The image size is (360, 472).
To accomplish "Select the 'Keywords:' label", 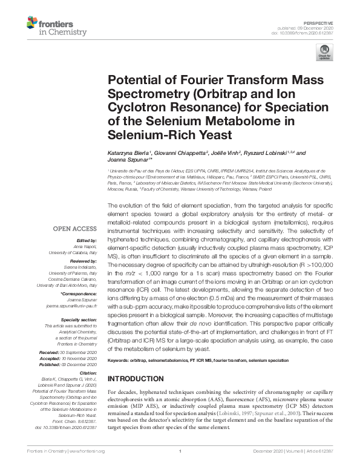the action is [x=122, y=361].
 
